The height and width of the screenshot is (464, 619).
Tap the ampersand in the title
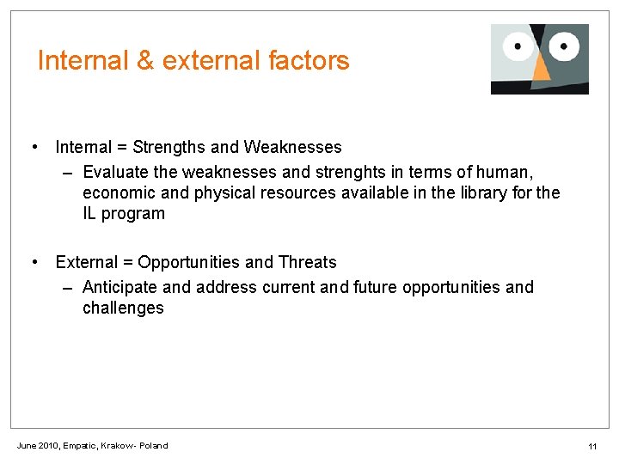143,61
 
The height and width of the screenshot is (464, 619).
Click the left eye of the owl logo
518,46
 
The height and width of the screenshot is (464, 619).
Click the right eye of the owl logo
564,45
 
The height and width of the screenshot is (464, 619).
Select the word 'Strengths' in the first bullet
169,148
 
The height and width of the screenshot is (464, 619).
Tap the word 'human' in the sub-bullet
508,171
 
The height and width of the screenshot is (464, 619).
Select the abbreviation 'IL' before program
89,214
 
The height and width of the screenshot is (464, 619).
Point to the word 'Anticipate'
120,287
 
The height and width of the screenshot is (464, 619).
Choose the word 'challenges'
123,308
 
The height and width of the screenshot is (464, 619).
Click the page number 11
592,446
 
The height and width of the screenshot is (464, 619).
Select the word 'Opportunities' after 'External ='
187,262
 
